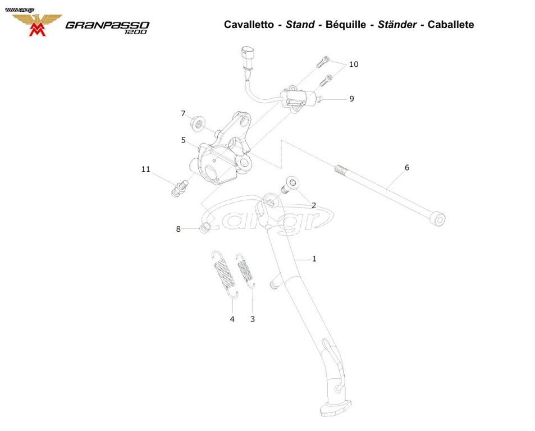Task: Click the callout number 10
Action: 354,64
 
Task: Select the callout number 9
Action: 351,99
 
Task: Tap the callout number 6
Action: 406,167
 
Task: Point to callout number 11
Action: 146,169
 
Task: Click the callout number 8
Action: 178,229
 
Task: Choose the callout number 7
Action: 183,113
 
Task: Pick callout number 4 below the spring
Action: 232,319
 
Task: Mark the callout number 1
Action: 314,259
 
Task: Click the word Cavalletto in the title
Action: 249,25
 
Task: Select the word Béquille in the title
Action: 346,25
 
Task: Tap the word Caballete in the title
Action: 451,25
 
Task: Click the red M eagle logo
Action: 37,25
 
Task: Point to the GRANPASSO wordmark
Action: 107,26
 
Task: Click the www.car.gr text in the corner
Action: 20,10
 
